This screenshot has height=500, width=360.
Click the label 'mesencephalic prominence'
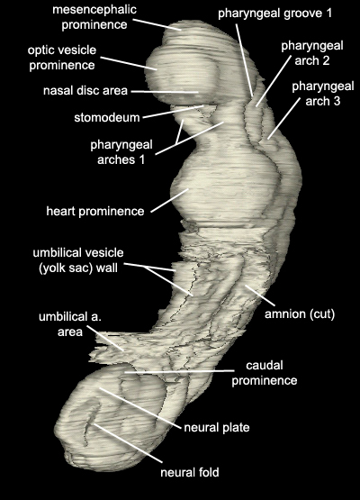pos(94,17)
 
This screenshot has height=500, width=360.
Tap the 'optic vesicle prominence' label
pos(62,58)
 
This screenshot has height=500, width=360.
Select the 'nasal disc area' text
pos(85,91)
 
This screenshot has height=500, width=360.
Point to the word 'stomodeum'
pos(107,117)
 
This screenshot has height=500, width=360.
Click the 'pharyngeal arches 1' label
pos(121,151)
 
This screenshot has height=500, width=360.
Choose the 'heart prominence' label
pos(95,211)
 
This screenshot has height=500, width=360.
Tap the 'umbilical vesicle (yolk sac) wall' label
pos(78,260)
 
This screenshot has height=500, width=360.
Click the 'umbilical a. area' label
pos(70,324)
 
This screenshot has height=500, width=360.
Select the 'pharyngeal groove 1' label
pos(274,14)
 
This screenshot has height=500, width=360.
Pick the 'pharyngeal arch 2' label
pos(312,53)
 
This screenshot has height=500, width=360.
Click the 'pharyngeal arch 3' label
pos(323,94)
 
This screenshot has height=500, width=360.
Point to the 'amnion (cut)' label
pos(300,314)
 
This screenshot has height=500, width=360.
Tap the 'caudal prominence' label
pos(265,373)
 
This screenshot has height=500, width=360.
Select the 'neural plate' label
pos(217,427)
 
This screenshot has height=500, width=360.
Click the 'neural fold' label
pos(190,472)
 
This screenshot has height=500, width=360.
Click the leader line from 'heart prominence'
pos(169,200)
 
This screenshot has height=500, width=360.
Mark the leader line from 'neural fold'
pos(127,443)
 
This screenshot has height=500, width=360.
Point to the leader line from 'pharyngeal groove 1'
pos(245,60)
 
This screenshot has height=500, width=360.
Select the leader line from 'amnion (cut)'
pos(259,295)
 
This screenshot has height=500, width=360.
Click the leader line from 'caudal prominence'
pos(179,371)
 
